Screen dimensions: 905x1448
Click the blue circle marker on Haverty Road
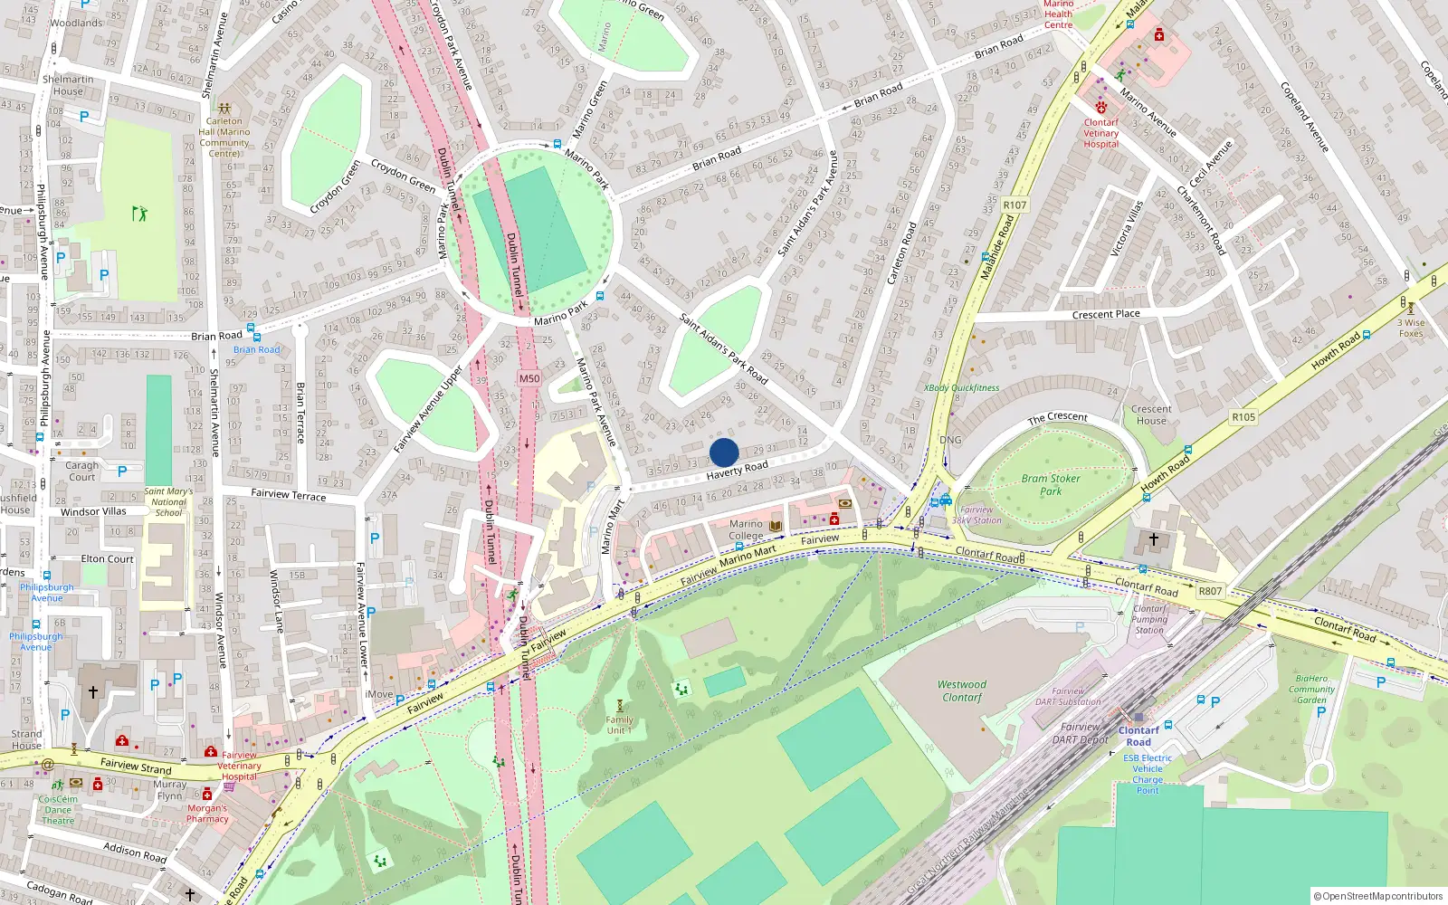click(724, 452)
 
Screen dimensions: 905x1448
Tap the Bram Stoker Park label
click(1050, 485)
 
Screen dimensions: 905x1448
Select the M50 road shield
click(529, 379)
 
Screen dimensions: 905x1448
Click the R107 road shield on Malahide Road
click(1015, 205)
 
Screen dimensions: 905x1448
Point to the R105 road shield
click(1243, 417)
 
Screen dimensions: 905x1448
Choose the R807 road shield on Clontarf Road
click(1210, 591)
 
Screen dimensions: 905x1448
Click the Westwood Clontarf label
click(962, 691)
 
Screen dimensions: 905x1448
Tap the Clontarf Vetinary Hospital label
click(1101, 133)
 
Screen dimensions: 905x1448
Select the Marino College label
click(747, 529)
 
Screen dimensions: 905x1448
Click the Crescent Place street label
click(1106, 314)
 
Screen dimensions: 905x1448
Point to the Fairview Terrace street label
click(288, 495)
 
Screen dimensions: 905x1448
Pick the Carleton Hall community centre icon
click(224, 108)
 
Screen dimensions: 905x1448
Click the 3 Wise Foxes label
click(1410, 328)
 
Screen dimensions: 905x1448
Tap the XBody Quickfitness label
click(961, 388)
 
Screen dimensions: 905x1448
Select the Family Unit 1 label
click(619, 725)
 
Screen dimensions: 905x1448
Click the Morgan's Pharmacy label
click(207, 814)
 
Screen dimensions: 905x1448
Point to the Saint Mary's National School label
click(168, 502)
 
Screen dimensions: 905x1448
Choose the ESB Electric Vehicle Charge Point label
click(1148, 774)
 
